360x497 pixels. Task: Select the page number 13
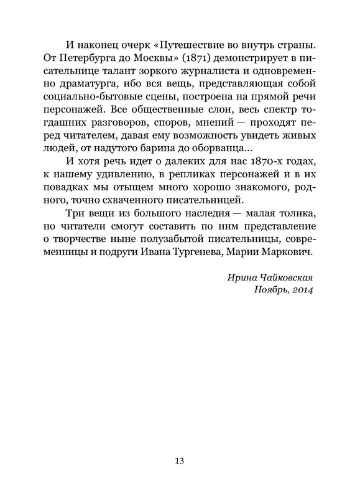180,461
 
